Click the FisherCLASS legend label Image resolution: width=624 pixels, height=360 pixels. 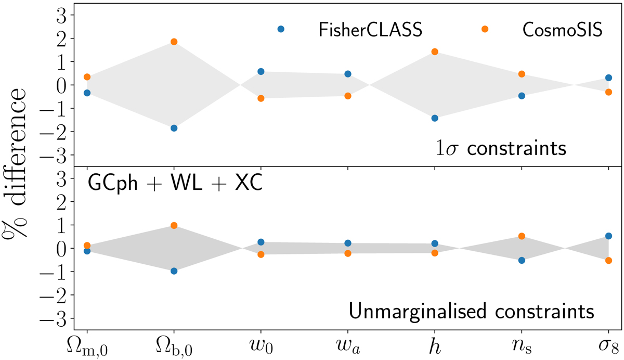(x=370, y=29)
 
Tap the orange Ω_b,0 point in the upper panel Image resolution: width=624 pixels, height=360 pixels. (x=174, y=42)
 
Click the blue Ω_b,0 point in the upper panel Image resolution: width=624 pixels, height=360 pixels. (x=174, y=128)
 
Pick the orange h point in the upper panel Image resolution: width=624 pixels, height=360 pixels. (x=435, y=52)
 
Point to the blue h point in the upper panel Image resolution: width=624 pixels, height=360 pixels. (x=435, y=118)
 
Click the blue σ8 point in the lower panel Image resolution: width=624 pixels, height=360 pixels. (x=608, y=236)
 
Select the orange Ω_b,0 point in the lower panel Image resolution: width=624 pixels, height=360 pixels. (x=174, y=226)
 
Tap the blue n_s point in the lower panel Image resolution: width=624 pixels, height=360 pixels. (x=522, y=260)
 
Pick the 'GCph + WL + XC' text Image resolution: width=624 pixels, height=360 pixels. (x=174, y=185)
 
